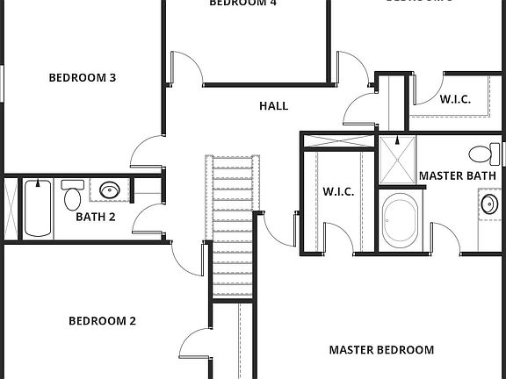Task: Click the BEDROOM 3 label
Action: click(82, 78)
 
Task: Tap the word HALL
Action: click(273, 106)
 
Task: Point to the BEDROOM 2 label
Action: click(102, 321)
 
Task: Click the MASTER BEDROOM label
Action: click(381, 350)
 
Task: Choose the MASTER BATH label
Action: click(457, 175)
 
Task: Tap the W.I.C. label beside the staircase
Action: click(338, 191)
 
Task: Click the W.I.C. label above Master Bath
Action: click(455, 100)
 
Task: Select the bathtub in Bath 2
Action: click(38, 207)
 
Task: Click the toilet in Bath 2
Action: click(72, 195)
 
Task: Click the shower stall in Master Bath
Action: click(399, 159)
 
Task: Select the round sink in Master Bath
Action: click(489, 206)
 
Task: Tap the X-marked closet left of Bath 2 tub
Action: click(11, 207)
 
